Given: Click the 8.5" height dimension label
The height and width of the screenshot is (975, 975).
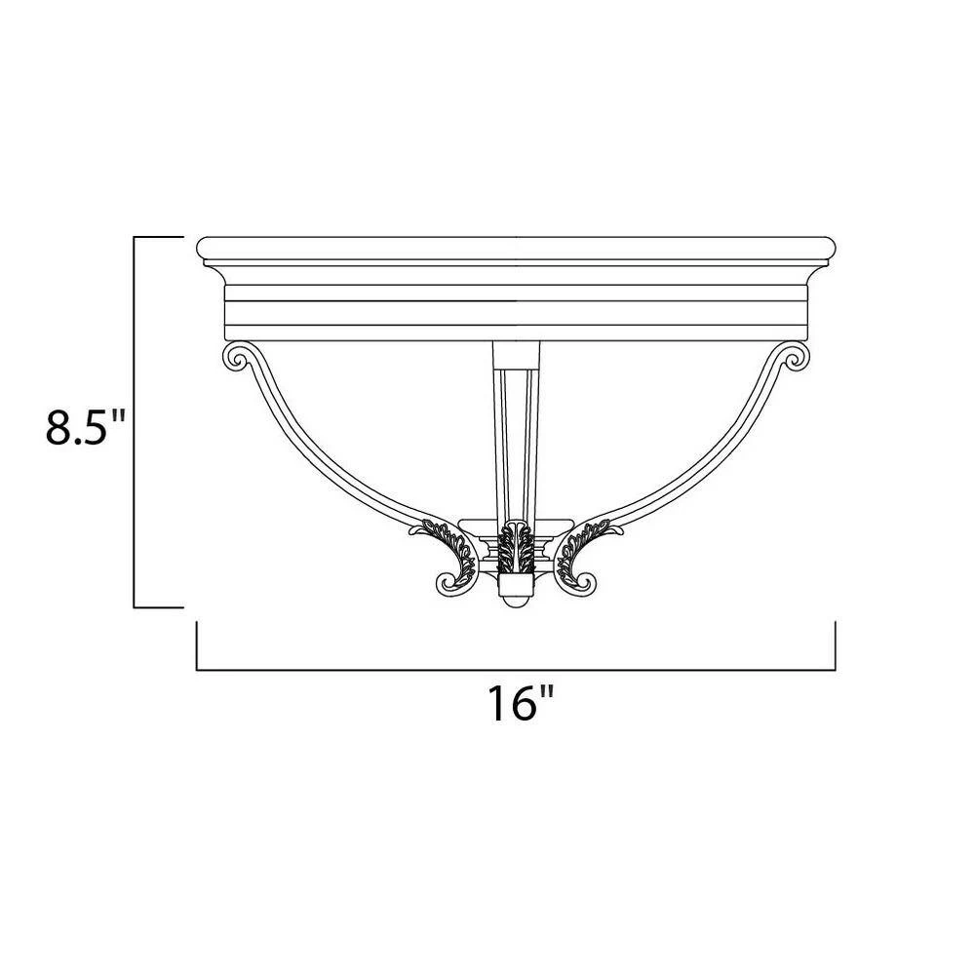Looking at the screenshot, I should point(87,426).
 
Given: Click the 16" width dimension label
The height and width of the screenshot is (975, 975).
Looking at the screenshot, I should point(521,702).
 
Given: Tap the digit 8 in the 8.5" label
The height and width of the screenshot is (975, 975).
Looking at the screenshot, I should point(61,426).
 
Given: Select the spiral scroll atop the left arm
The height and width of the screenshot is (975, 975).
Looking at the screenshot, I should point(237,357).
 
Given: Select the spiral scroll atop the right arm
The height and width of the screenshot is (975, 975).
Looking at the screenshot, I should point(795,357).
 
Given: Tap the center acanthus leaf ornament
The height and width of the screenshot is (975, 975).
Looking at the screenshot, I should point(515,550).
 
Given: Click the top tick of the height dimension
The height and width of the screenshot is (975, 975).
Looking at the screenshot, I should point(158,237).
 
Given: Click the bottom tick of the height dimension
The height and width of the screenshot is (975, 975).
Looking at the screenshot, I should point(158,606).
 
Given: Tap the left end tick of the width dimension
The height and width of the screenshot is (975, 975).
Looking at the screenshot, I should point(197,645).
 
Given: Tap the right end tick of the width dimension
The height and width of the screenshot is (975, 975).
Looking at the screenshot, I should point(836,645).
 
